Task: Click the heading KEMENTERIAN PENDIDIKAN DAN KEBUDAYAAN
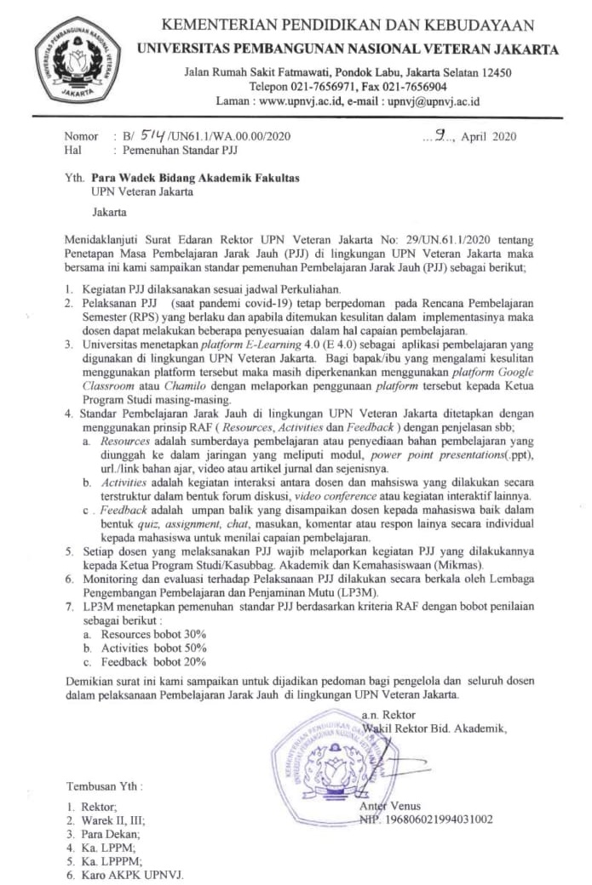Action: tap(348, 26)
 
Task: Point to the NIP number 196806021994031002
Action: tap(426, 819)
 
